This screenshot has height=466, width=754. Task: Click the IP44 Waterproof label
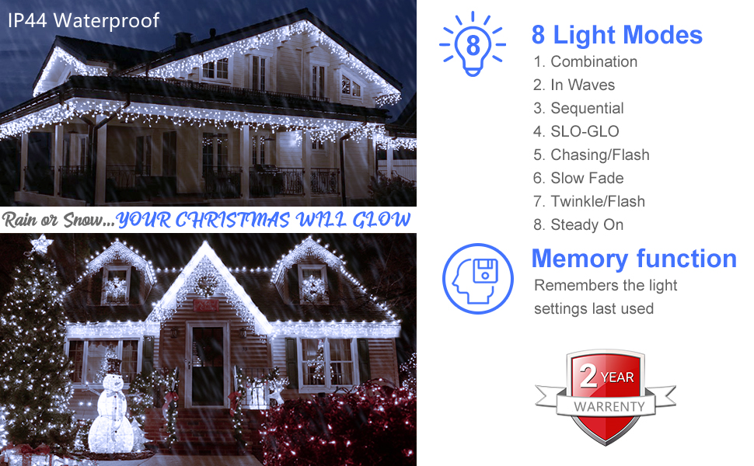[x=84, y=19]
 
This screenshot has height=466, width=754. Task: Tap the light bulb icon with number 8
[x=472, y=44]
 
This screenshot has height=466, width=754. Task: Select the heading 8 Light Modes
[x=617, y=35]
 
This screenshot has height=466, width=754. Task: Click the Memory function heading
[x=634, y=259]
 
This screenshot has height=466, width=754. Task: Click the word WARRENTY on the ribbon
[x=609, y=406]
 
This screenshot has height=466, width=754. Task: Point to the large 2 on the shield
[x=589, y=377]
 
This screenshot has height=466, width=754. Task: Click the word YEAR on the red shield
[x=617, y=377]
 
